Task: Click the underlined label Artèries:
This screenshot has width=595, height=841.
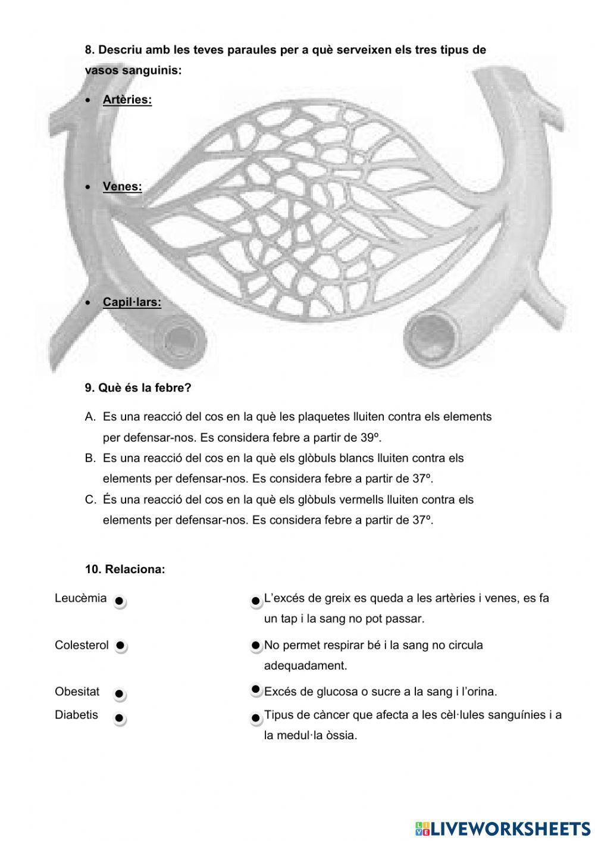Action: tap(127, 99)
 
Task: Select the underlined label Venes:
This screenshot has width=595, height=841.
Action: tap(122, 186)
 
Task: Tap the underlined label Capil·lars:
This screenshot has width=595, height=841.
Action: tap(131, 302)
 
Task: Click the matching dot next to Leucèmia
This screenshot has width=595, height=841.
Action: tap(119, 601)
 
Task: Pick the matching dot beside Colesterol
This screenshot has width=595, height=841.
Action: tap(120, 645)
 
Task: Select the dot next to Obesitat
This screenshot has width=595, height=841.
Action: tap(119, 694)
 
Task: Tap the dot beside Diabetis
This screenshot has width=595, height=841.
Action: tap(119, 718)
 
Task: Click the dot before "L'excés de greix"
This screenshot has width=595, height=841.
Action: tap(256, 601)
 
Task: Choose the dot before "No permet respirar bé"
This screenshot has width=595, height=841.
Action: tap(256, 645)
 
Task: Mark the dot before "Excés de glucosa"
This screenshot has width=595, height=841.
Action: tap(256, 690)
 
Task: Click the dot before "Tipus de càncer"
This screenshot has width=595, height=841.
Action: tap(256, 718)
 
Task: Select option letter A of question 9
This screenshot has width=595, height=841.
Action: tap(90, 417)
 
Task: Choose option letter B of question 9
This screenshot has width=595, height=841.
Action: tap(90, 458)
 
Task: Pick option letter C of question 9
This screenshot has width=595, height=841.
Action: tap(90, 499)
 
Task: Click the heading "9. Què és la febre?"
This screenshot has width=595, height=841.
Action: tap(138, 388)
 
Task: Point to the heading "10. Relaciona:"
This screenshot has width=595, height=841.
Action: tap(125, 569)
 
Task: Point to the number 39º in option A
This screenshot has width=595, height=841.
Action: tap(370, 437)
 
